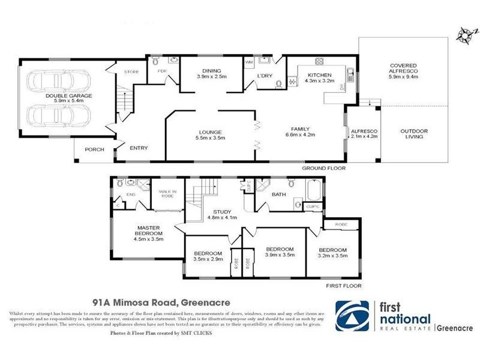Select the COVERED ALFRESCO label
tap(403, 71)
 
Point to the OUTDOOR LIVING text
tap(412, 133)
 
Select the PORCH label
tap(93, 150)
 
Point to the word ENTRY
tap(139, 148)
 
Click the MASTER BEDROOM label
tap(148, 232)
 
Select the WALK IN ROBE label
tap(166, 194)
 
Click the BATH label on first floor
tap(278, 194)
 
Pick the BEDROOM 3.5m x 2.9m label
tap(208, 256)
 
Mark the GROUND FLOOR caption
tap(325, 169)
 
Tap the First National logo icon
tap(352, 315)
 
